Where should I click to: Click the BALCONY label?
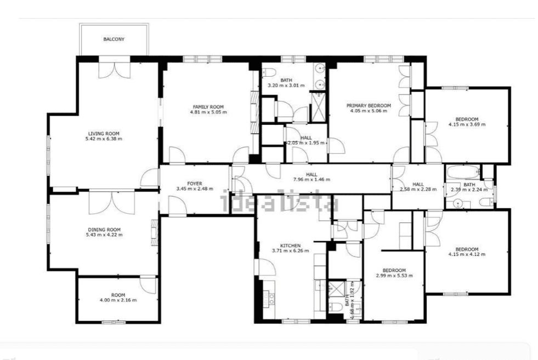114,39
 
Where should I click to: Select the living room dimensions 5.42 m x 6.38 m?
104,139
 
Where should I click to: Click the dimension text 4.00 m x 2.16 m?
118,300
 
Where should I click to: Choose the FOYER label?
194,184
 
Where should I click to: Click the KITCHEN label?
290,245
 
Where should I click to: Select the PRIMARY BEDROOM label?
368,105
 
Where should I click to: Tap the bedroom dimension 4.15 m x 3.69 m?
467,125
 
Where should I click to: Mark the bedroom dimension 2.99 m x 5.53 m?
394,276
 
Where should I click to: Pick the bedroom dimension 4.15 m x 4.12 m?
467,254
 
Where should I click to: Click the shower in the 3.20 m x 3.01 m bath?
318,106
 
